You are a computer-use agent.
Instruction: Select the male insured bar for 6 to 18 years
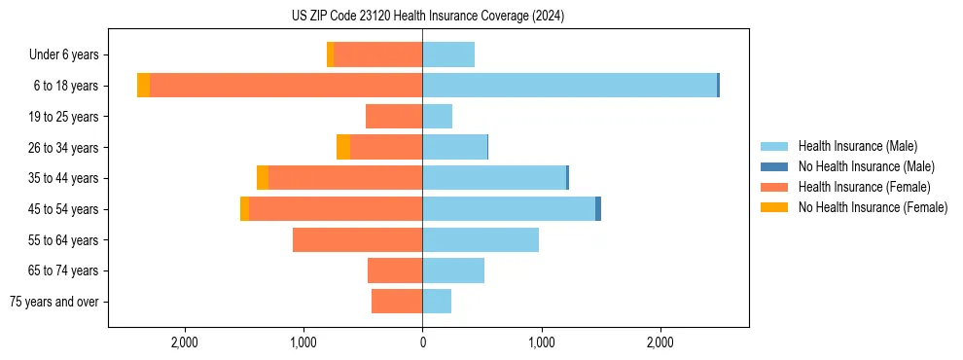coord(569,86)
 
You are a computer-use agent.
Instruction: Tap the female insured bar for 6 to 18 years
coord(286,86)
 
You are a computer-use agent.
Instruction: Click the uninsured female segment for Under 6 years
coord(331,54)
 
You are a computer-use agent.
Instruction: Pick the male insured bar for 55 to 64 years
coord(481,239)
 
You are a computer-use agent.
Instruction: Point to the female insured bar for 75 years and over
coord(397,302)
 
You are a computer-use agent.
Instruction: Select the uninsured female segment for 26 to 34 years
coord(343,147)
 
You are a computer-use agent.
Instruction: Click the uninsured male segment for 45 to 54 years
coord(598,208)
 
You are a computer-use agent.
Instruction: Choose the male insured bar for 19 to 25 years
coord(437,117)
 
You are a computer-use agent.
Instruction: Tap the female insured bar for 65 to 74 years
coord(395,270)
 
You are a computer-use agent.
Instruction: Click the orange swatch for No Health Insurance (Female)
coord(774,207)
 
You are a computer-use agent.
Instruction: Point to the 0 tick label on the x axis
coord(422,342)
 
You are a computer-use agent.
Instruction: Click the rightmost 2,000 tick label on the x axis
coord(660,342)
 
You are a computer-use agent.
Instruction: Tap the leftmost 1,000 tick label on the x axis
coord(303,342)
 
